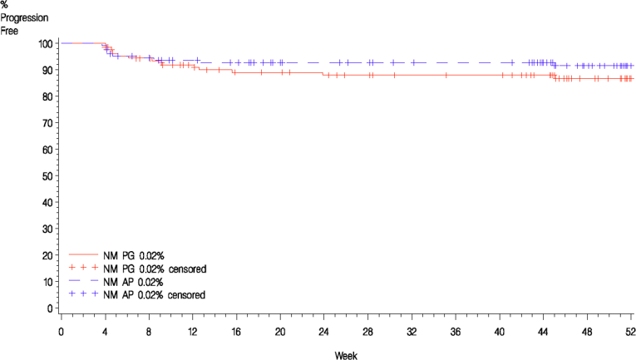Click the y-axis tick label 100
click(x=45, y=43)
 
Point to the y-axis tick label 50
click(x=47, y=175)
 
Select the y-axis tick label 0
click(x=50, y=308)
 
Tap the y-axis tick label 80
click(x=47, y=96)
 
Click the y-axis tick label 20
click(x=47, y=255)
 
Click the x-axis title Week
click(x=346, y=355)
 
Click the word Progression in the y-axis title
click(x=23, y=17)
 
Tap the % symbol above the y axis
click(x=5, y=5)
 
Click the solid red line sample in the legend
click(x=84, y=255)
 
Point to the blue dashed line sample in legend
click(x=84, y=282)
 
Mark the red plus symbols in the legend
click(x=84, y=269)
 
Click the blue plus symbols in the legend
click(x=84, y=295)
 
